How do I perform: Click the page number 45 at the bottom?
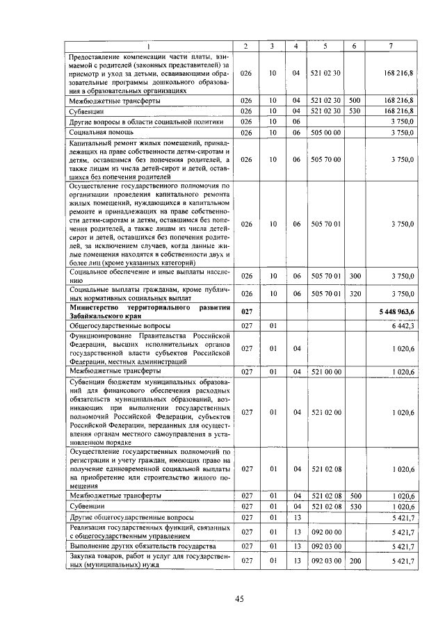tap(238, 599)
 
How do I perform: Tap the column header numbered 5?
tap(325, 46)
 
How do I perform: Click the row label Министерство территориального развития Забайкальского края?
tap(145, 311)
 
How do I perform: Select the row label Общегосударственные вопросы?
tap(114, 325)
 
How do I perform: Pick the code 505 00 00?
tap(325, 132)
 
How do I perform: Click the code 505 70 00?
tap(325, 159)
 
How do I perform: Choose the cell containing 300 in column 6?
tap(355, 276)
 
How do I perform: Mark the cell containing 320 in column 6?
tap(355, 293)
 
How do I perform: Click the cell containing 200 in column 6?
tap(355, 560)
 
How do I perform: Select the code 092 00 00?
tap(325, 532)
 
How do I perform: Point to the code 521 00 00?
tap(325, 372)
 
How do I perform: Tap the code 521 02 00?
tap(325, 412)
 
